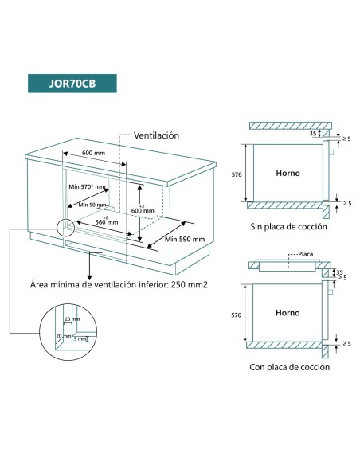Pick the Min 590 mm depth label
pyautogui.click(x=185, y=239)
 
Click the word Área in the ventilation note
pyautogui.click(x=41, y=284)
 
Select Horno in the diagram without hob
pyautogui.click(x=288, y=173)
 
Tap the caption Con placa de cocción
pyautogui.click(x=289, y=367)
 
